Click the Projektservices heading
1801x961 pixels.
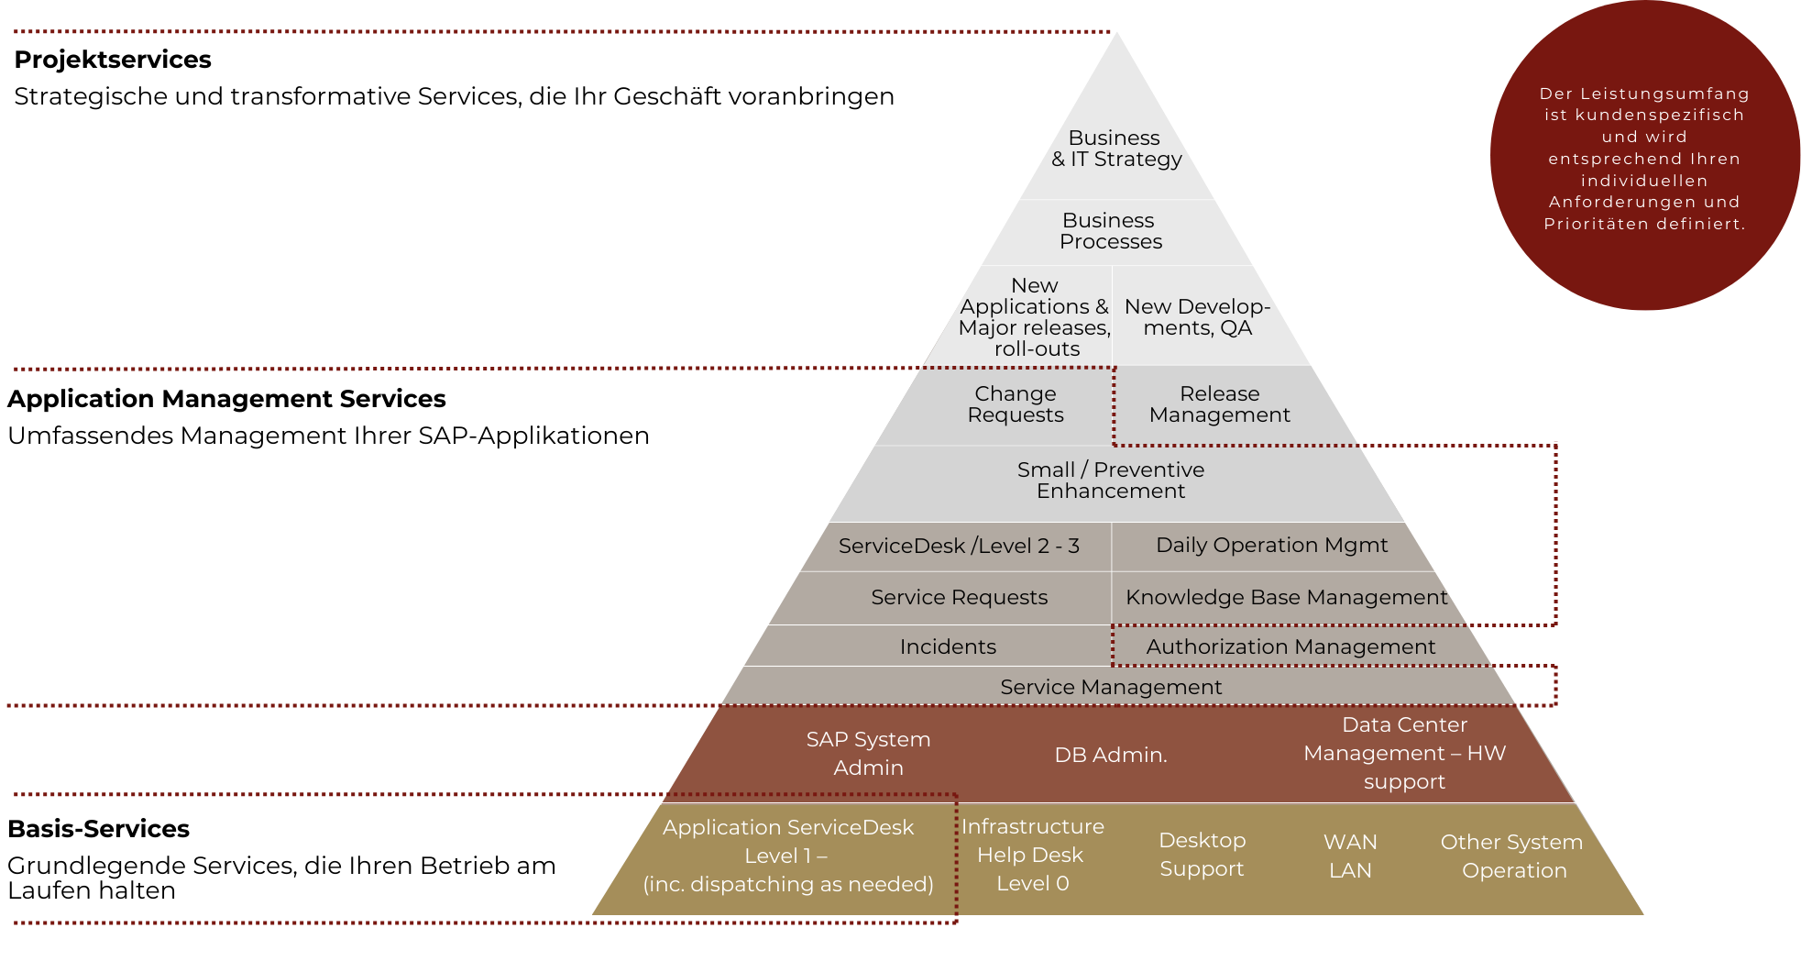point(113,60)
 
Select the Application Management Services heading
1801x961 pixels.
point(226,399)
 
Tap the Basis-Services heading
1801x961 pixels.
point(98,829)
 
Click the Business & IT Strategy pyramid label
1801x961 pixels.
point(1115,149)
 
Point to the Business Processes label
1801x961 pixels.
point(1110,231)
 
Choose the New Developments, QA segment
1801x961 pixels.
point(1197,317)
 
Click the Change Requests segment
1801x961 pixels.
point(1015,404)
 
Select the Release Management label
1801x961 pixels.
point(1219,404)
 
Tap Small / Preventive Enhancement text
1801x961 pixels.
point(1111,480)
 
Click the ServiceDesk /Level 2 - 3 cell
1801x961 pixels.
point(959,547)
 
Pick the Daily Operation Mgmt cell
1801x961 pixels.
point(1271,546)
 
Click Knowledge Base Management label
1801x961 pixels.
point(1286,598)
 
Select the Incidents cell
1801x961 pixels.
point(948,647)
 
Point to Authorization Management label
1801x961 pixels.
point(1290,647)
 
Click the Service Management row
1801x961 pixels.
point(1111,688)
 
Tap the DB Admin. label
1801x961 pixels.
point(1111,756)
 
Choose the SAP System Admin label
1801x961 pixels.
point(868,754)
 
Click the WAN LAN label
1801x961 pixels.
point(1350,856)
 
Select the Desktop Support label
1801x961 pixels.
point(1202,855)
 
